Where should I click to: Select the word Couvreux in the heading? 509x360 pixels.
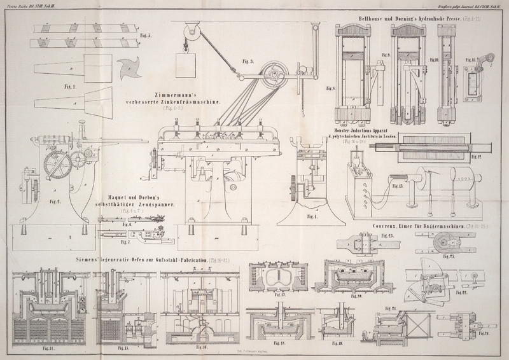[386, 226]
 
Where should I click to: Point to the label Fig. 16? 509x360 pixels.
[202, 348]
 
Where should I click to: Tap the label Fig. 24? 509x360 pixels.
[485, 333]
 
